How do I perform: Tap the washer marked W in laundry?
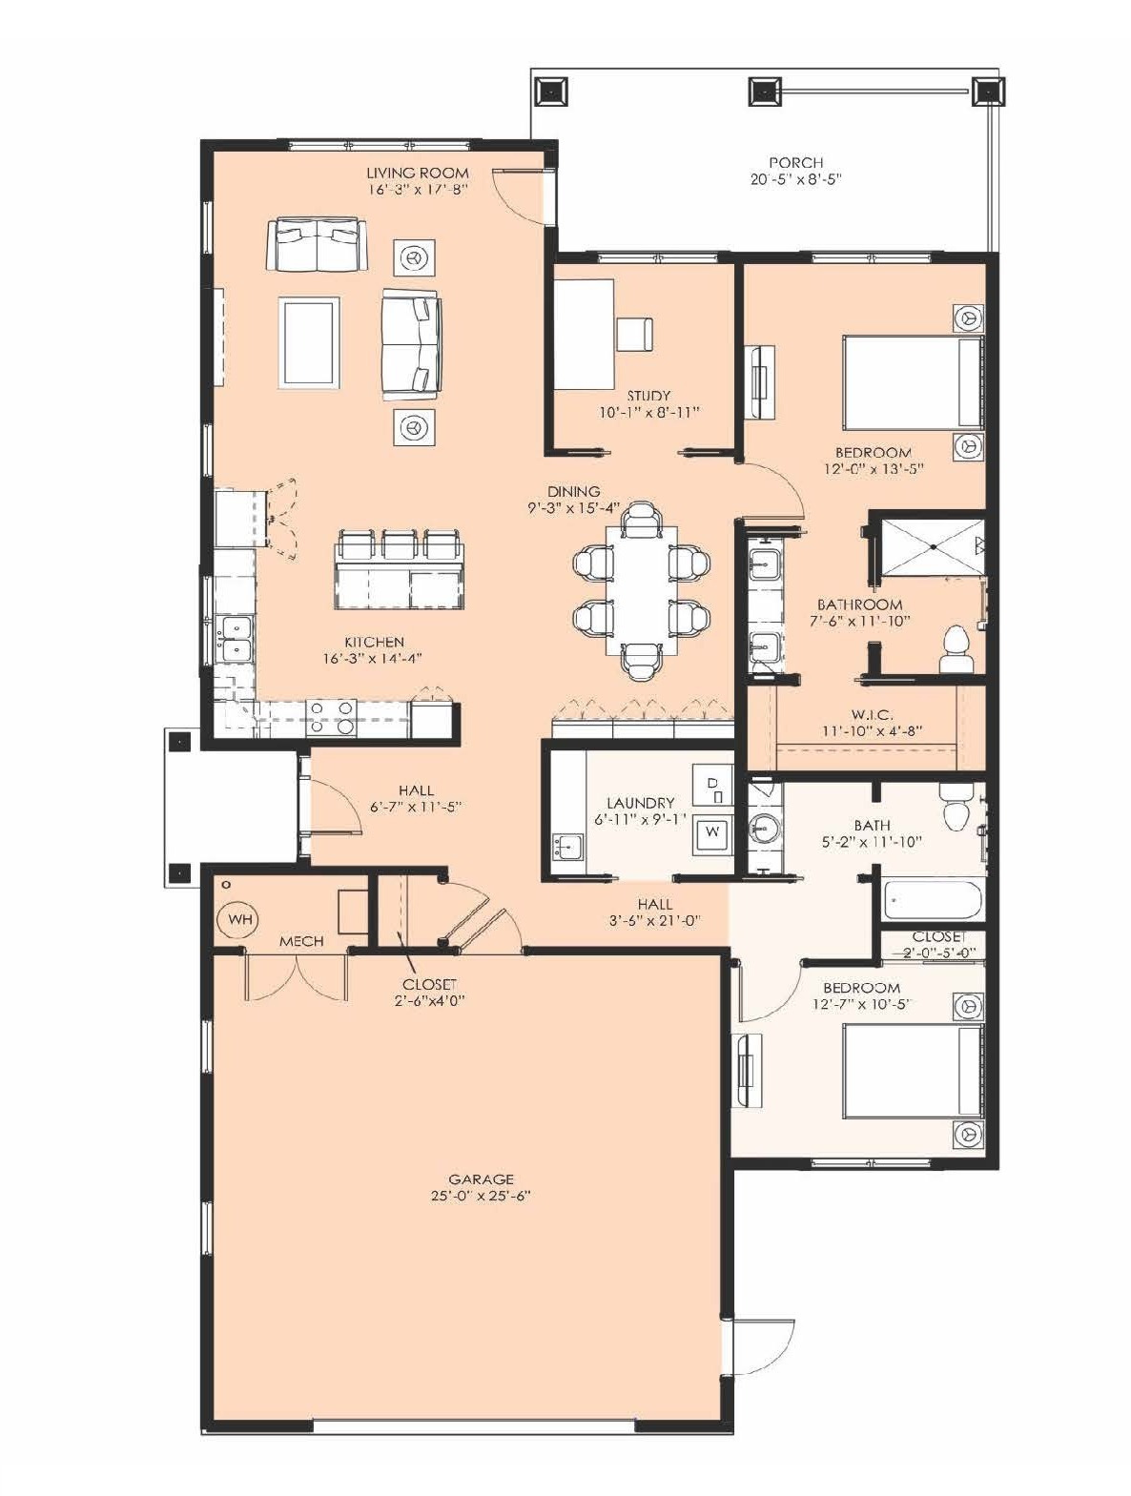point(712,832)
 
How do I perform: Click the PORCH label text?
point(795,162)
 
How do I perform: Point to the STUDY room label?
point(648,396)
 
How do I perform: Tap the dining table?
point(641,589)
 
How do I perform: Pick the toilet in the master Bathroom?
point(956,650)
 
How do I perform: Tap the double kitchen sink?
point(234,638)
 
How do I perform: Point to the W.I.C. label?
point(873,714)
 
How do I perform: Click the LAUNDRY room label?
point(641,803)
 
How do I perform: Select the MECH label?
point(301,941)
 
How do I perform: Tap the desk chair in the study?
point(635,334)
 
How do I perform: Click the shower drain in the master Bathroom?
point(931,547)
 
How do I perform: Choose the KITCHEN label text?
point(374,642)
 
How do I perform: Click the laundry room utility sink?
point(566,848)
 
